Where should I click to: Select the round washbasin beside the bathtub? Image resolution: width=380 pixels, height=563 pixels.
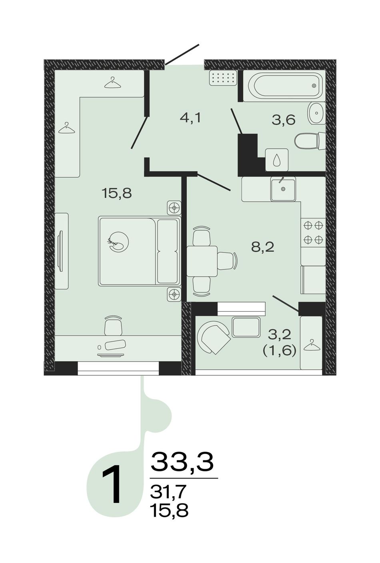[x=316, y=113]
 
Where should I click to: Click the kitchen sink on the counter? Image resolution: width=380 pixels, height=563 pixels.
[x=283, y=189]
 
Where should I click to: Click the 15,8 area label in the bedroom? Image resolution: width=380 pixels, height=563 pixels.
[x=117, y=194]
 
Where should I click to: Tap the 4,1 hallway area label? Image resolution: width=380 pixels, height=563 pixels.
[x=190, y=118]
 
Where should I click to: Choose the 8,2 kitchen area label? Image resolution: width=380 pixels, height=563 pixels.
[x=263, y=247]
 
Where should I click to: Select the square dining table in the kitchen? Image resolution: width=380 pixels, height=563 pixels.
[x=202, y=261]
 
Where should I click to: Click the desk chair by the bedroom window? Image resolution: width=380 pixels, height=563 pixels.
[x=113, y=325]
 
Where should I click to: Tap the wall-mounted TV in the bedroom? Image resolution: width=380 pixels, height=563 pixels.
[x=60, y=251]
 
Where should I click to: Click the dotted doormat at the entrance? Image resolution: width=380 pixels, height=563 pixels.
[x=223, y=78]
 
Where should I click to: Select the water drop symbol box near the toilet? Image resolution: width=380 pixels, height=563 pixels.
[x=277, y=160]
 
